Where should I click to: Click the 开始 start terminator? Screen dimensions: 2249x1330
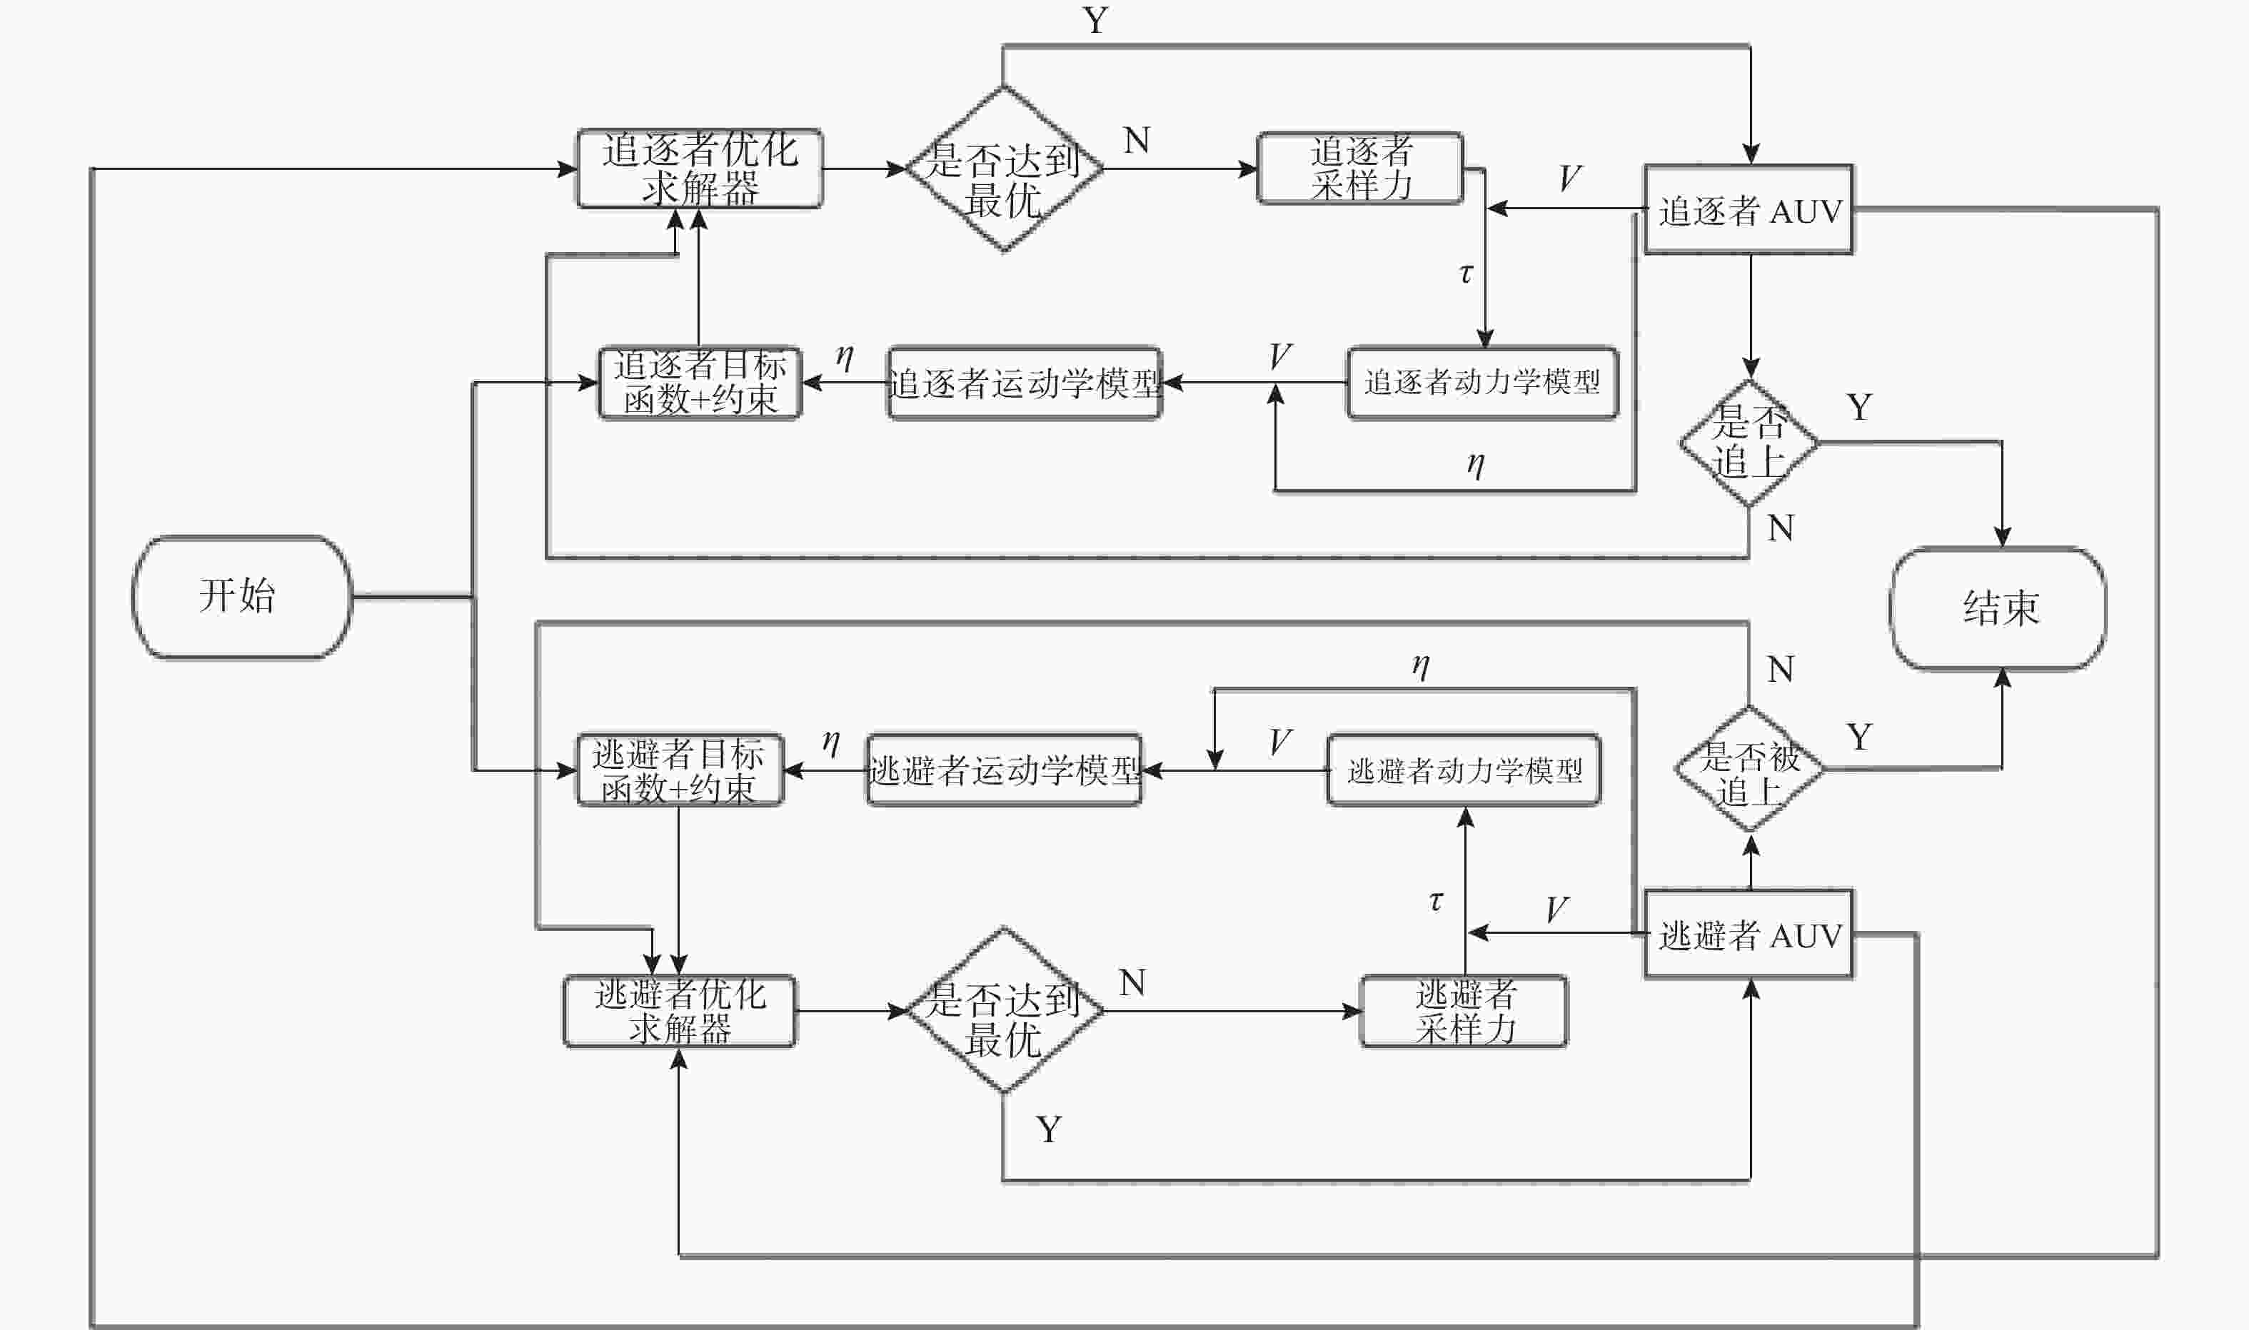pos(242,597)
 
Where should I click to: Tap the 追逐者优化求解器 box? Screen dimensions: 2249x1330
pos(700,168)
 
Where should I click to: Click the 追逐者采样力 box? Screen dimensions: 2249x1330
pos(1360,168)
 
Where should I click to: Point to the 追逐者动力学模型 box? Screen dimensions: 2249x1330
pos(1483,383)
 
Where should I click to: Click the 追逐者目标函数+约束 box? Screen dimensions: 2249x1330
pos(700,383)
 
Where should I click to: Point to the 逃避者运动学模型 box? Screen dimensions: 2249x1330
pos(1005,770)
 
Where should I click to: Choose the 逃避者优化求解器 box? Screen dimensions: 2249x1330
pos(679,1011)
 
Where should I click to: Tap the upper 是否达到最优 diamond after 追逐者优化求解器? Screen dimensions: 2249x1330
pos(1005,168)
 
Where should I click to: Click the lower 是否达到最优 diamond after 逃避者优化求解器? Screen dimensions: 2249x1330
pos(1005,1010)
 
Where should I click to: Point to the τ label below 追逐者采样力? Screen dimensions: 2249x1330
pos(1466,273)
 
